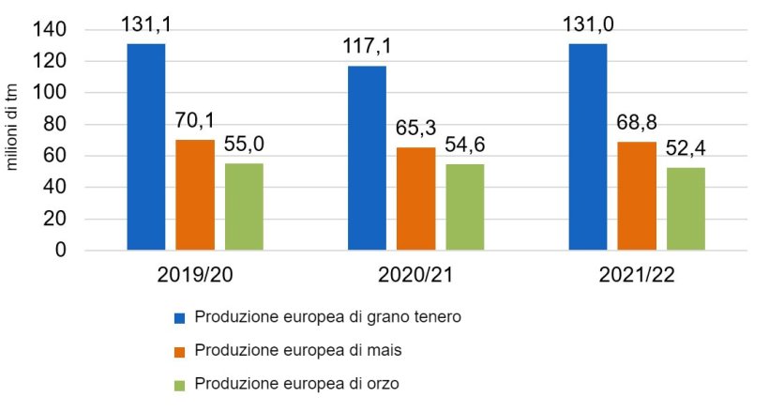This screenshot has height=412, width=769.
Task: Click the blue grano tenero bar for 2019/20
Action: pyautogui.click(x=146, y=147)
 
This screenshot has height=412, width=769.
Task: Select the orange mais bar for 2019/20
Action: pyautogui.click(x=195, y=195)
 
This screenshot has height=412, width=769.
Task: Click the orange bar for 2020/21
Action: pyautogui.click(x=415, y=199)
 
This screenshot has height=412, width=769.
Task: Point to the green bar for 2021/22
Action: pyautogui.click(x=686, y=209)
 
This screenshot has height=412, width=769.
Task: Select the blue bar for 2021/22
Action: pyautogui.click(x=588, y=147)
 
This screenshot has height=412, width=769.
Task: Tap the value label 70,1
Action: pyautogui.click(x=195, y=121)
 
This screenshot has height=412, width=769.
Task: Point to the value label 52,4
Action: pyautogui.click(x=686, y=149)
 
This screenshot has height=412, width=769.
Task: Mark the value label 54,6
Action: pyautogui.click(x=464, y=145)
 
